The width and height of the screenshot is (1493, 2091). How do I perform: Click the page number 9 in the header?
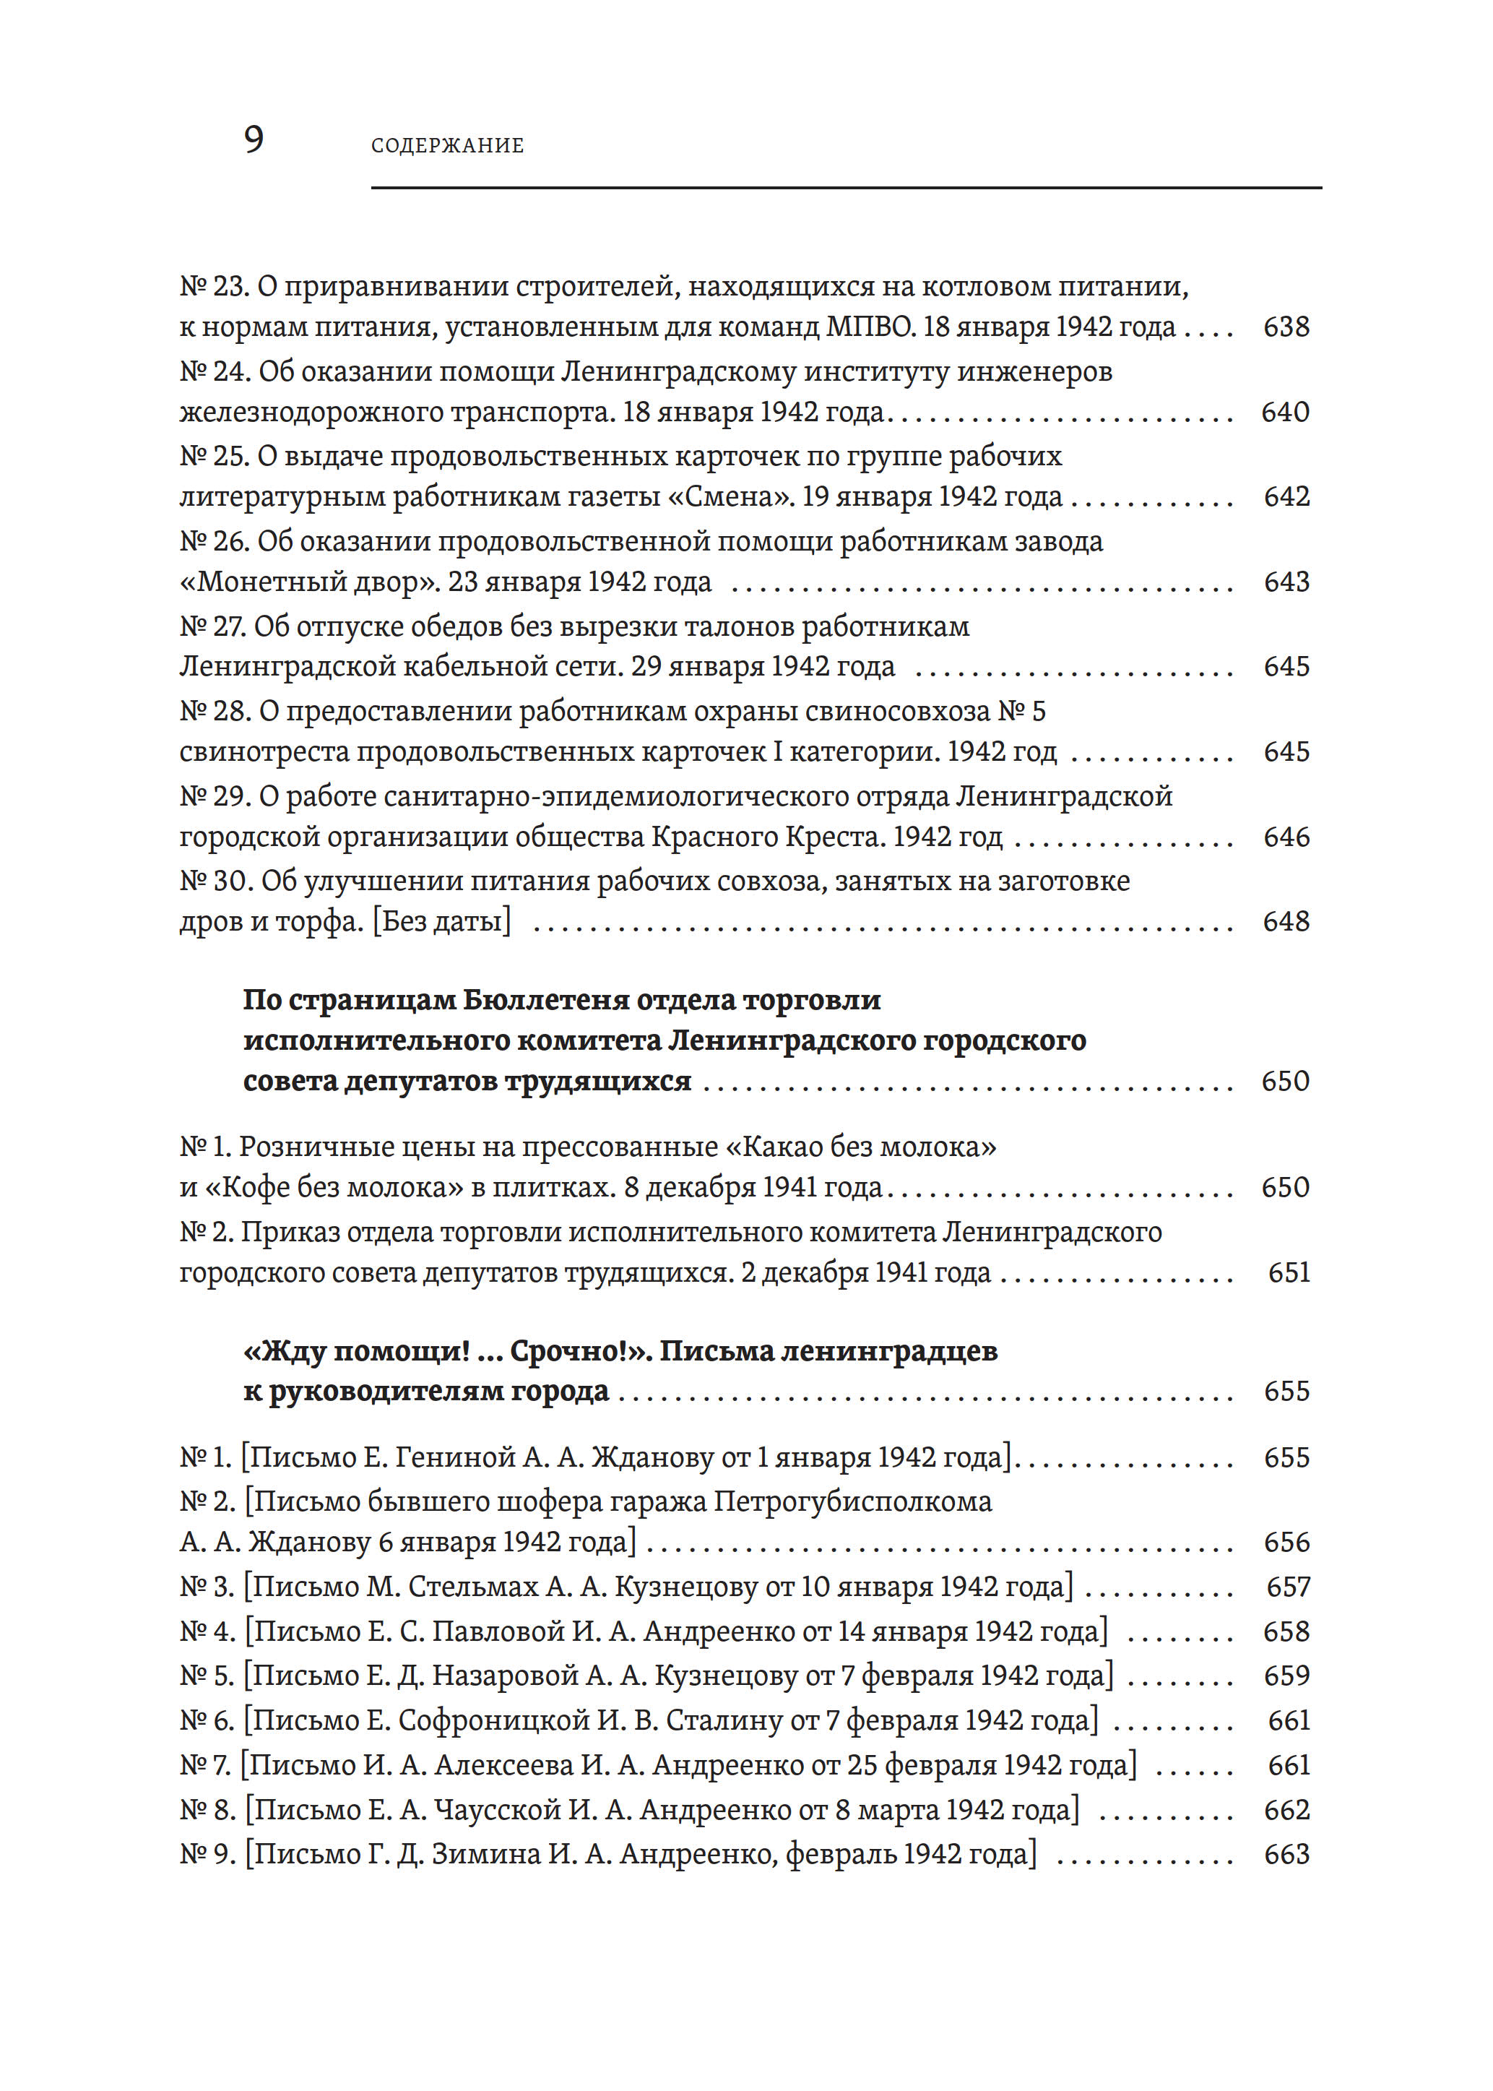[x=254, y=139]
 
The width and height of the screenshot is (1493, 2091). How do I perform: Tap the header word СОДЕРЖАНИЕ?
[x=447, y=145]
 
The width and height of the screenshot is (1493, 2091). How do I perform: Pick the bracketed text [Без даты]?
[x=441, y=921]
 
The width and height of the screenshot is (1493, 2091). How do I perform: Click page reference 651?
[x=1288, y=1272]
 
